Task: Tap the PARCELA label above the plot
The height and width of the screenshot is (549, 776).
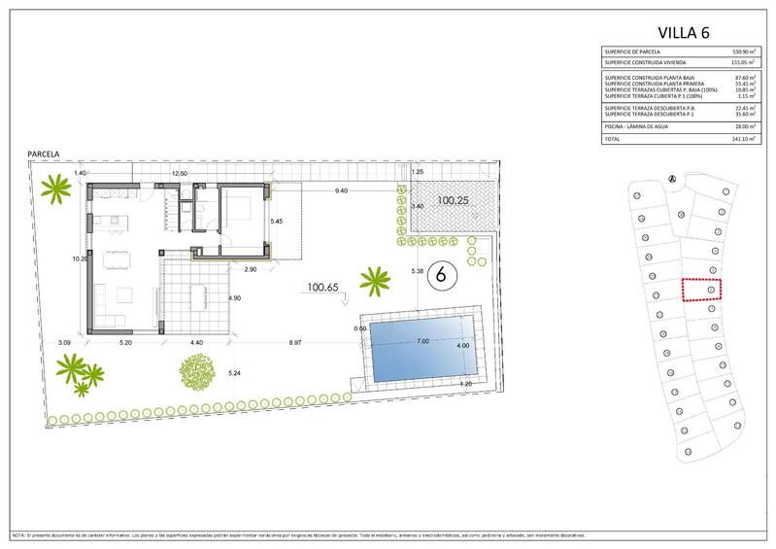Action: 45,154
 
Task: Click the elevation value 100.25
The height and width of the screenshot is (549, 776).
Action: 454,200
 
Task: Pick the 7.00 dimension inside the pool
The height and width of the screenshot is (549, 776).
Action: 422,342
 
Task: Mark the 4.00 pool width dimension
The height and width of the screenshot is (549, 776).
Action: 462,345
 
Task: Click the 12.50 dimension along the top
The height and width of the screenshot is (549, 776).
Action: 180,172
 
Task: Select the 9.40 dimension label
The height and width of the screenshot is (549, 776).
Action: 342,191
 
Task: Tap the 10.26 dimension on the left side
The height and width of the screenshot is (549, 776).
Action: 81,259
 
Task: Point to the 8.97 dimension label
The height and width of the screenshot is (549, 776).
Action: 294,342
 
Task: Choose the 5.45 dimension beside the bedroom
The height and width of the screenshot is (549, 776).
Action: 277,221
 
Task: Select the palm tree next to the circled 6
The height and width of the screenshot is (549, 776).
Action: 374,283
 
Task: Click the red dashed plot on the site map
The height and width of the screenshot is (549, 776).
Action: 704,291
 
